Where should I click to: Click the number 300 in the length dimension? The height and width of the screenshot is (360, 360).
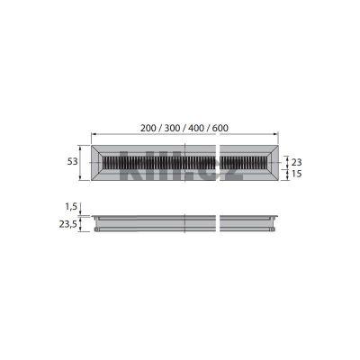[174, 127]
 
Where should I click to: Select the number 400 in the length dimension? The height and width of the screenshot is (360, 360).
[197, 127]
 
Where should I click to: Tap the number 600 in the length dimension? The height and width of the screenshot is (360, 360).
[219, 127]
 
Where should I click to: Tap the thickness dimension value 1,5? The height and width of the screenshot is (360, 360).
[71, 206]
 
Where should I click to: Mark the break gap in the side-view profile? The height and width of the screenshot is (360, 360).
[218, 222]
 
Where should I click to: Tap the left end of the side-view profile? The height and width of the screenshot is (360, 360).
[96, 222]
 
